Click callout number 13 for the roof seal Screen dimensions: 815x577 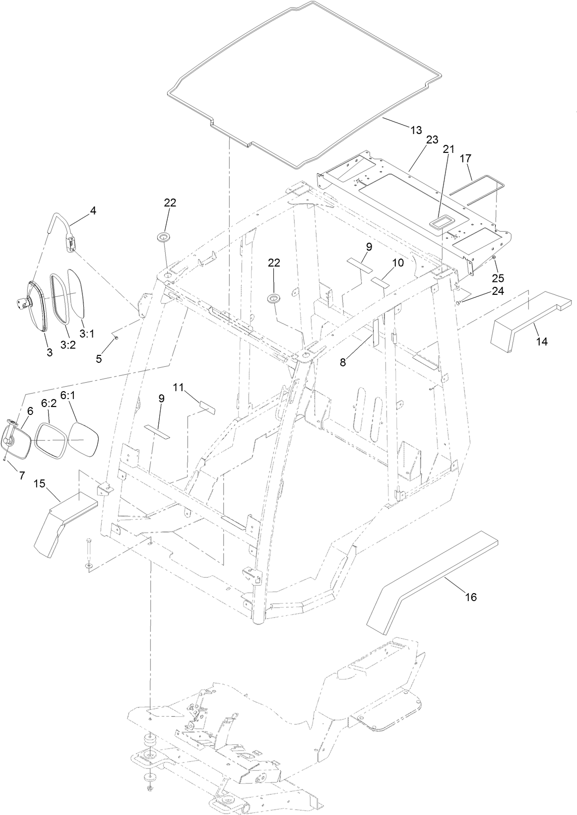pos(416,130)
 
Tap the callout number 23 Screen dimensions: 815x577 pos(432,140)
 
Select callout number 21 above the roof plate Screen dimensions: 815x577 pos(449,149)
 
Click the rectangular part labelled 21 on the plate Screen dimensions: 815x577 pos(439,222)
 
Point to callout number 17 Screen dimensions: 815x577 pos(465,158)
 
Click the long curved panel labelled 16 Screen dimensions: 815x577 pos(432,576)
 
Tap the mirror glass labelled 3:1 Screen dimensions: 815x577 pos(78,293)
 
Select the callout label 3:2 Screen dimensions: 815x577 pos(67,331)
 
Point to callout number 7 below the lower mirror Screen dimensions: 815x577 pos(21,475)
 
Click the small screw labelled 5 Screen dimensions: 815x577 pos(115,338)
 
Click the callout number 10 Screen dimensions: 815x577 pos(398,263)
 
